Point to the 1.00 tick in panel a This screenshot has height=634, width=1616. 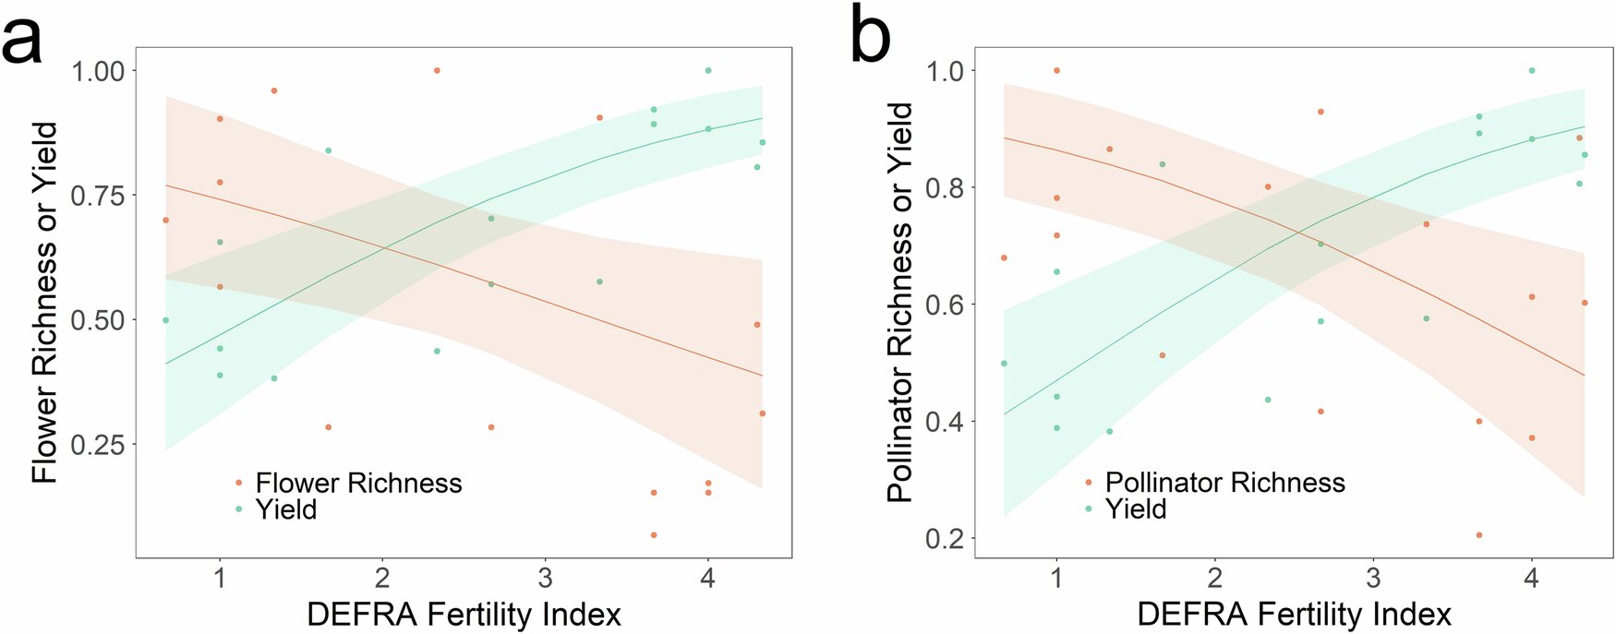click(98, 71)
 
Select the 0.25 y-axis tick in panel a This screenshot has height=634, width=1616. click(98, 445)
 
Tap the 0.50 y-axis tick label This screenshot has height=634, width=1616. click(98, 320)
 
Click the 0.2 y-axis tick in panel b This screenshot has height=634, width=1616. click(944, 538)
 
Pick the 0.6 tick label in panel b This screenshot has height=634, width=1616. click(944, 305)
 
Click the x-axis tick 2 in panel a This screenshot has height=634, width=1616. click(382, 579)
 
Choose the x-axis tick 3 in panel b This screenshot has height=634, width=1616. click(1373, 579)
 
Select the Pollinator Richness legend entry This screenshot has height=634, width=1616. click(1224, 482)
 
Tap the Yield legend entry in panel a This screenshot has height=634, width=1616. click(285, 509)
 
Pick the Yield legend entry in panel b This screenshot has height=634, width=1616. click(1135, 508)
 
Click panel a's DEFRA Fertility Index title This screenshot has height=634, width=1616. click(464, 615)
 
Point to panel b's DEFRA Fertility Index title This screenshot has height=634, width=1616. click(1294, 615)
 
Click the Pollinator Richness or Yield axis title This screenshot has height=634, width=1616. click(900, 303)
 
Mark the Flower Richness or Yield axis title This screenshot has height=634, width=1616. click(44, 303)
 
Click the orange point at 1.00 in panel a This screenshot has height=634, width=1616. click(437, 70)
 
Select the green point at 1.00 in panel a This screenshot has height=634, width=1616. click(708, 70)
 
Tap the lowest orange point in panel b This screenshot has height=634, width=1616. click(1479, 535)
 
